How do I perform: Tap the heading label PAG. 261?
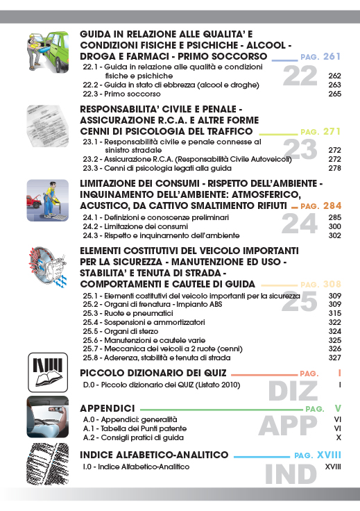pyautogui.click(x=320, y=56)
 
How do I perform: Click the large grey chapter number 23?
pyautogui.click(x=300, y=149)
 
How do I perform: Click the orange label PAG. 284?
pyautogui.click(x=320, y=206)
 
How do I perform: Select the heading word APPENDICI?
pyautogui.click(x=107, y=407)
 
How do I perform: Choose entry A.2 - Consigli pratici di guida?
pyautogui.click(x=133, y=438)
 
